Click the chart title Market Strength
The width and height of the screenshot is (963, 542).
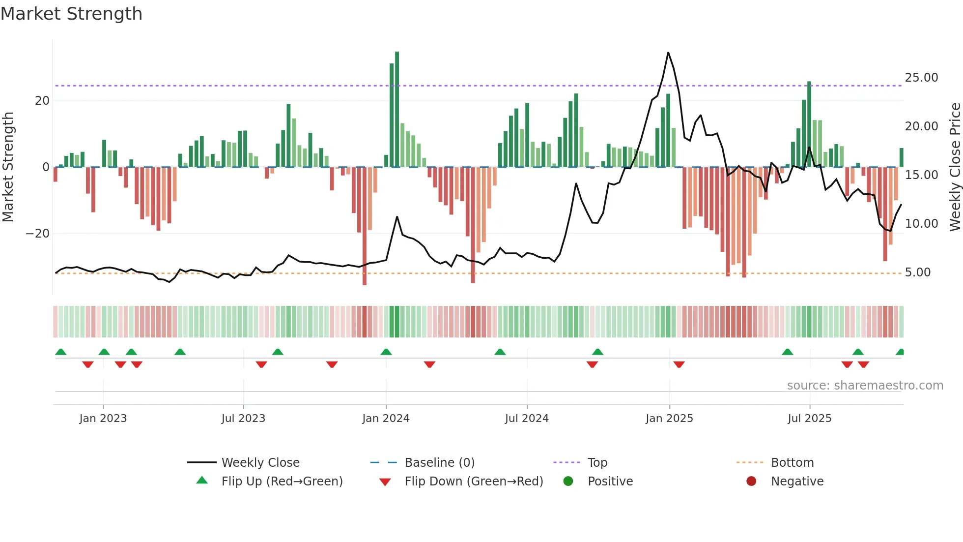(x=71, y=14)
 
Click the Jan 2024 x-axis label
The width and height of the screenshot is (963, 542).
(x=386, y=419)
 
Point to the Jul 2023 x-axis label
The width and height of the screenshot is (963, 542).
(x=243, y=419)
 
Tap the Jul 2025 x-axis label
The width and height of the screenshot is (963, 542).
(x=809, y=419)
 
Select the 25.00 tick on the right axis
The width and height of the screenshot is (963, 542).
(x=921, y=78)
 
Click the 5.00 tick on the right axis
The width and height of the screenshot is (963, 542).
(x=917, y=272)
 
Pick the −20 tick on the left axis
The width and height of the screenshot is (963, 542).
(x=38, y=234)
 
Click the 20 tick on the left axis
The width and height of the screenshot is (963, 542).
(x=42, y=101)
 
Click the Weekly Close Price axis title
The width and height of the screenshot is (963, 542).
(x=955, y=167)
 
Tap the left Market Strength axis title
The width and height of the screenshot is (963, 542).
(x=8, y=167)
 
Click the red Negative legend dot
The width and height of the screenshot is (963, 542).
(x=751, y=482)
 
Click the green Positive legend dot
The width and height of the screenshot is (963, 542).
(x=568, y=482)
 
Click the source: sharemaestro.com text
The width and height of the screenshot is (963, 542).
(x=865, y=386)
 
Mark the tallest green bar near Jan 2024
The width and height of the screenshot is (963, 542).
(x=397, y=108)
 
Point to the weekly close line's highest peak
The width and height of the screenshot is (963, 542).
(x=668, y=53)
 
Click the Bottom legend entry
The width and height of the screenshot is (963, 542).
(x=792, y=463)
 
